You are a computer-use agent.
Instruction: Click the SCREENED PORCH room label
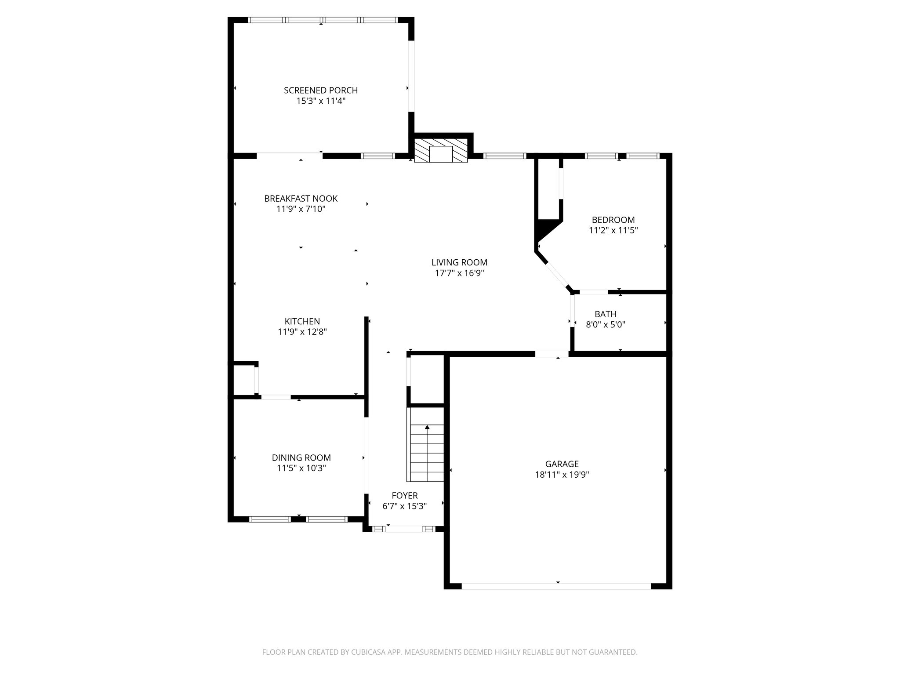(321, 91)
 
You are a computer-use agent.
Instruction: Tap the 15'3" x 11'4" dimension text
(321, 101)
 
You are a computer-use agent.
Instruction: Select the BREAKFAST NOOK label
(301, 199)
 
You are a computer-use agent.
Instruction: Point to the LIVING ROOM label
(459, 262)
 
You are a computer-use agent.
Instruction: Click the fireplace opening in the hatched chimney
(441, 154)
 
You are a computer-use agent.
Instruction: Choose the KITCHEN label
(302, 321)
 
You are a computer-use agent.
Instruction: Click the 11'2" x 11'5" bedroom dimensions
(613, 230)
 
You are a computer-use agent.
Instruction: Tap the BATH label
(606, 314)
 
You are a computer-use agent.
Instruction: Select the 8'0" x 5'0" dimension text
(606, 325)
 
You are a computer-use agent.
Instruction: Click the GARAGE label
(562, 464)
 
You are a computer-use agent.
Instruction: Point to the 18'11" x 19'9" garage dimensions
(562, 475)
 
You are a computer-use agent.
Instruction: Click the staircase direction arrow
(427, 427)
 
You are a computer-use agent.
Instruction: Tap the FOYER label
(405, 496)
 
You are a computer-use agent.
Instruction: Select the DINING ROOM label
(301, 458)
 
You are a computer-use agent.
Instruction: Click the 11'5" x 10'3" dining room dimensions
(301, 468)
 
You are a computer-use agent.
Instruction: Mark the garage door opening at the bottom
(556, 586)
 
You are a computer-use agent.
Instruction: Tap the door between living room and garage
(552, 354)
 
